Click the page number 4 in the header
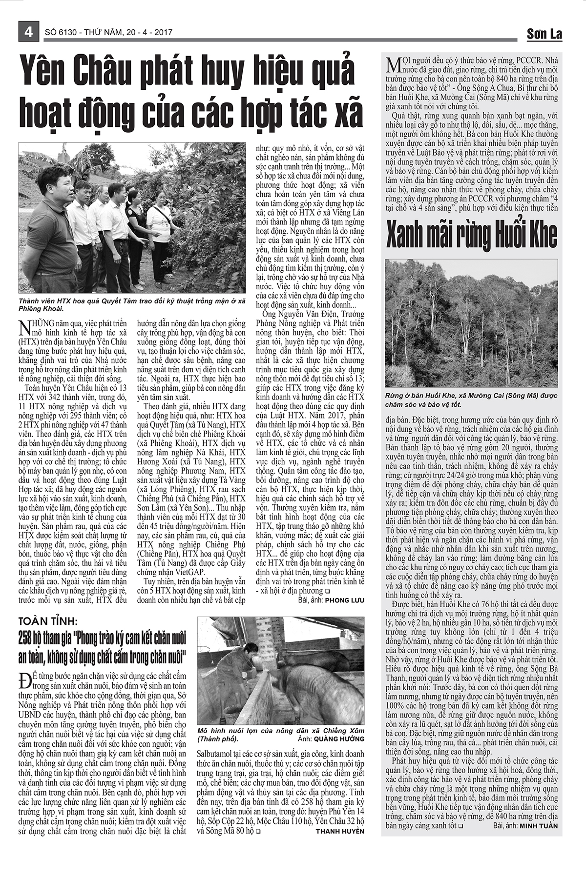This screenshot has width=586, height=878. click(x=27, y=32)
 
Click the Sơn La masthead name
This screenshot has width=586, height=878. click(x=544, y=34)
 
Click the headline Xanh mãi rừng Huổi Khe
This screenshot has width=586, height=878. click(x=471, y=235)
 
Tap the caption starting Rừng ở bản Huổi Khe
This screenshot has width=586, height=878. click(x=471, y=400)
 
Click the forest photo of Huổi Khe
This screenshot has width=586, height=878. click(x=471, y=323)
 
